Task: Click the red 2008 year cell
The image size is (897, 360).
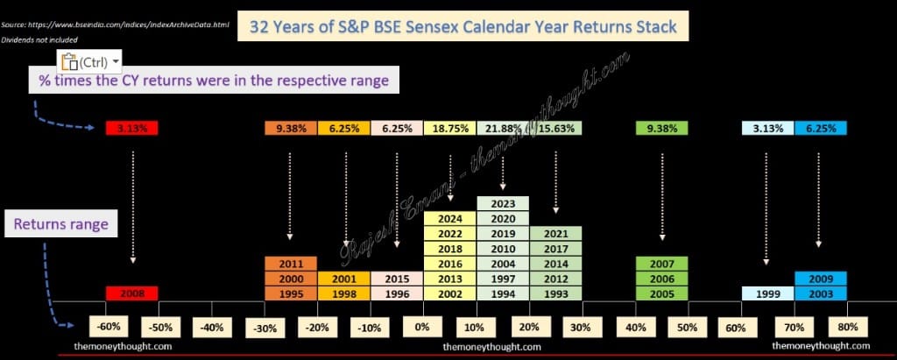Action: pyautogui.click(x=131, y=293)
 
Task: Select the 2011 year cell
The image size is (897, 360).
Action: pyautogui.click(x=291, y=264)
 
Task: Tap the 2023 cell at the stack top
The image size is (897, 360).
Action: pyautogui.click(x=503, y=204)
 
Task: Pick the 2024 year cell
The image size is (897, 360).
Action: pyautogui.click(x=449, y=219)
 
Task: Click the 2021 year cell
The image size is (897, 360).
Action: pyautogui.click(x=556, y=234)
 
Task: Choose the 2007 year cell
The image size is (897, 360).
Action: pyautogui.click(x=662, y=264)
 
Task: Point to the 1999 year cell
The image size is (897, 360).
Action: pyautogui.click(x=767, y=293)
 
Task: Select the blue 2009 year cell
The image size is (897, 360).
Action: pyautogui.click(x=821, y=279)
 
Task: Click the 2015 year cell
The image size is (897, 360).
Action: pyautogui.click(x=397, y=279)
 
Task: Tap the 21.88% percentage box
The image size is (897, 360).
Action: pyautogui.click(x=503, y=128)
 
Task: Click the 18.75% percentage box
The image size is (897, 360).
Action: pyautogui.click(x=449, y=128)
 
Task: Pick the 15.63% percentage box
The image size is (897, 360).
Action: pyautogui.click(x=556, y=128)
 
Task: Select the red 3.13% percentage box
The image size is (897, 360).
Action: pyautogui.click(x=131, y=128)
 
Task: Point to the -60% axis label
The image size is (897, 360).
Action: pyautogui.click(x=109, y=328)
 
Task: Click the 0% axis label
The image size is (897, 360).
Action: pyautogui.click(x=422, y=328)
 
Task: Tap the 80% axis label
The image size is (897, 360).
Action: pyautogui.click(x=848, y=328)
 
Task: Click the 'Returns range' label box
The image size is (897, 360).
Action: pyautogui.click(x=61, y=224)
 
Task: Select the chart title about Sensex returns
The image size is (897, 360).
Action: pyautogui.click(x=463, y=25)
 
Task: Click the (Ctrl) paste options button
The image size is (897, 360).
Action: pyautogui.click(x=90, y=60)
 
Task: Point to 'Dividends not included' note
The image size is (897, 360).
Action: pyautogui.click(x=39, y=40)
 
